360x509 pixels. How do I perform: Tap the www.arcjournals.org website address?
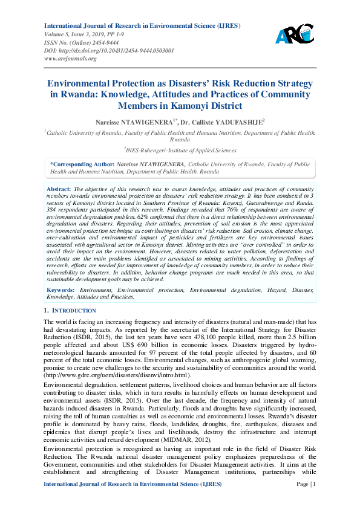tap(70, 59)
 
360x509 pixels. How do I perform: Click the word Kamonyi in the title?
tap(199, 105)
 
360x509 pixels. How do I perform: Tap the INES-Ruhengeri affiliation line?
tap(180, 151)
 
